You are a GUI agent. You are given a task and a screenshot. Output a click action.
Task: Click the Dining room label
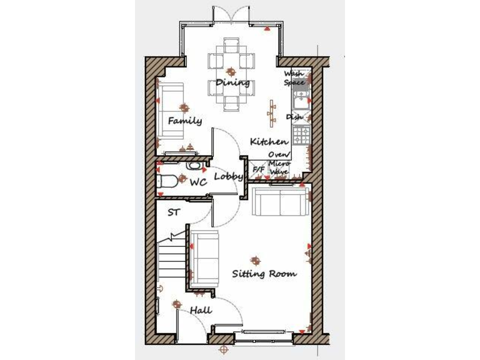(232, 82)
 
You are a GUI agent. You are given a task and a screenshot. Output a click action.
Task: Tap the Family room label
(184, 121)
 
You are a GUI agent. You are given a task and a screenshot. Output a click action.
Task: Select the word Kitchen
(269, 142)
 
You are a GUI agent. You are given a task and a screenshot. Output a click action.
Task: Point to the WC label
(198, 183)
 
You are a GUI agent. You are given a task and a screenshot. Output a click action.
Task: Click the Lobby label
(228, 177)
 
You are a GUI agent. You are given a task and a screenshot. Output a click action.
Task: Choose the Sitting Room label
(264, 274)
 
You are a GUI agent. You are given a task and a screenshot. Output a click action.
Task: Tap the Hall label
(201, 310)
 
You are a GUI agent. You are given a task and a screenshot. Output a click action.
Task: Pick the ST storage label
(173, 212)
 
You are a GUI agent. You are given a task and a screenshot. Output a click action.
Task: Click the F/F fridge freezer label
(258, 169)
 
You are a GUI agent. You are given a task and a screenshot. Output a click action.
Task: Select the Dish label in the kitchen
(294, 117)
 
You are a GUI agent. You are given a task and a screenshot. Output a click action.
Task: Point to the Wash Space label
(294, 78)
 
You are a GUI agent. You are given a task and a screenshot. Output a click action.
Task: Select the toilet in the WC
(166, 182)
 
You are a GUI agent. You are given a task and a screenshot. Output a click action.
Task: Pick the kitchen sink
(301, 99)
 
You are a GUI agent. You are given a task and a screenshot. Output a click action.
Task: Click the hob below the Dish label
(302, 134)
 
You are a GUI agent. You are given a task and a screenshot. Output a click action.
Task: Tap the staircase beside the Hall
(171, 259)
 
